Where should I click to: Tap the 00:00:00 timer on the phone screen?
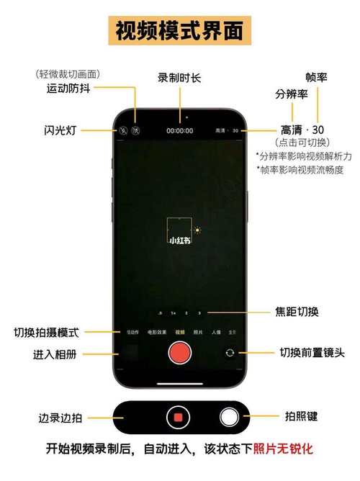[179, 131]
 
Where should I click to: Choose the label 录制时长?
[180, 77]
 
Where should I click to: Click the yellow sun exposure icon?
[197, 230]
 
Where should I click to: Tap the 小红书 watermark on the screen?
[179, 240]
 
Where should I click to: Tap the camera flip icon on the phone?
[230, 353]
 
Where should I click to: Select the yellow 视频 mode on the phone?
[179, 332]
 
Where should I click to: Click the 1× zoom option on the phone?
[173, 313]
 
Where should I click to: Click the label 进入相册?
[55, 354]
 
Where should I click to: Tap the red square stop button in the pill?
[177, 417]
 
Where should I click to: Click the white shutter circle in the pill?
[229, 417]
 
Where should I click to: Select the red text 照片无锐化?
[283, 449]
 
